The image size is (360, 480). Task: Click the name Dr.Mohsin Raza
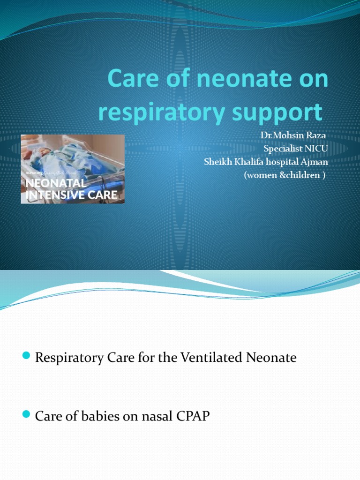293,136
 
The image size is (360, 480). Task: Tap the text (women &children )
285,175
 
